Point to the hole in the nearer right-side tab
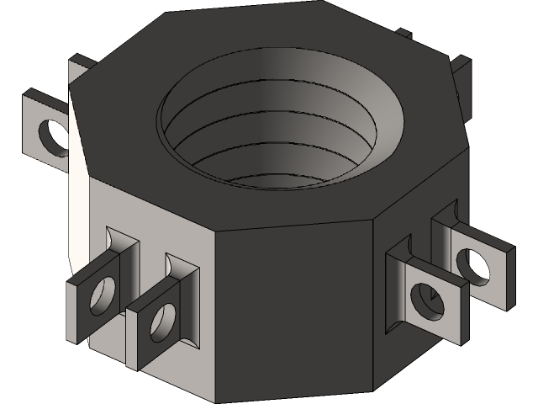pyautogui.click(x=426, y=301)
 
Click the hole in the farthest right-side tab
pyautogui.click(x=476, y=264)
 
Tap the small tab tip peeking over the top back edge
pyautogui.click(x=405, y=35)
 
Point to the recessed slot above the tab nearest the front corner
pyautogui.click(x=184, y=270)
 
